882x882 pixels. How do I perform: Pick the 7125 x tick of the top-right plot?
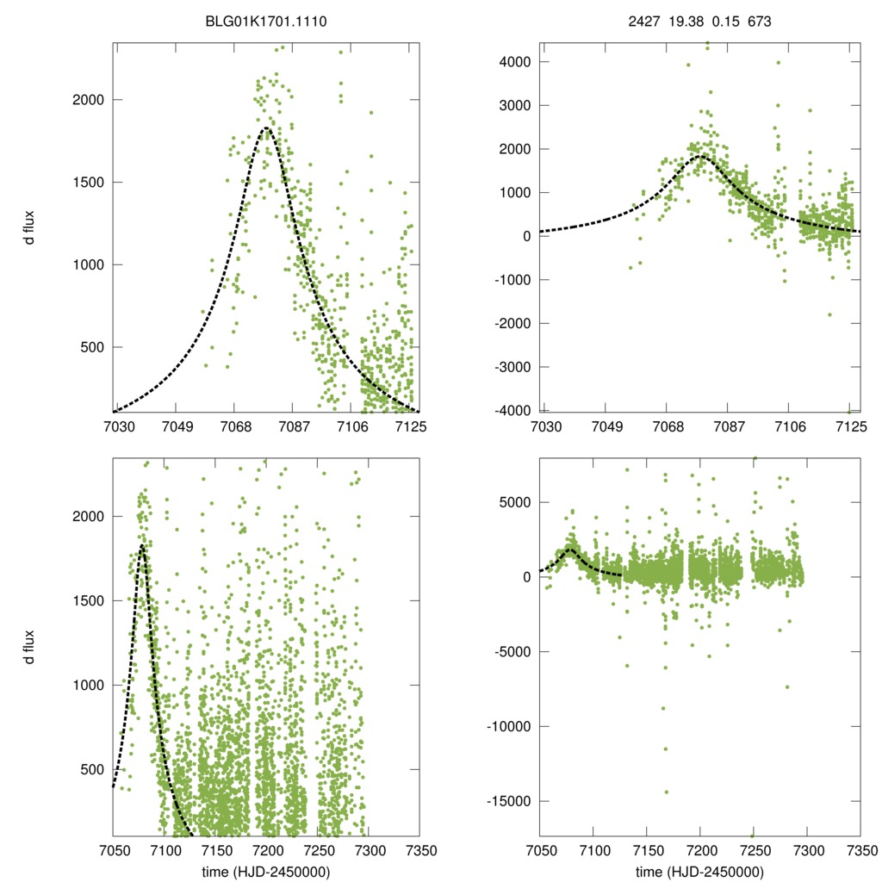pyautogui.click(x=850, y=428)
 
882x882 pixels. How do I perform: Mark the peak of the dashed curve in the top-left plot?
pyautogui.click(x=266, y=128)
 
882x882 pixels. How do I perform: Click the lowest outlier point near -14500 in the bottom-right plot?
pyautogui.click(x=666, y=792)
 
